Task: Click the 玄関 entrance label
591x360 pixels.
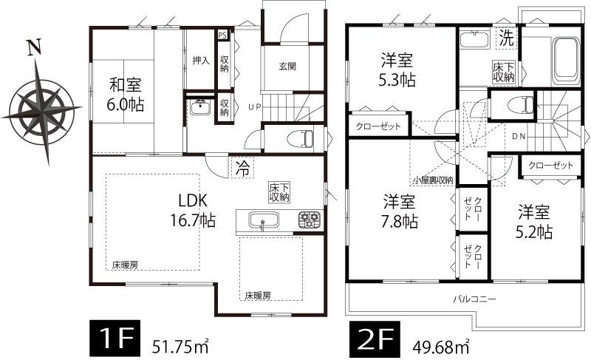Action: (287, 66)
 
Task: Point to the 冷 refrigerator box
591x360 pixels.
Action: (241, 168)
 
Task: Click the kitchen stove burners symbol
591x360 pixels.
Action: (309, 220)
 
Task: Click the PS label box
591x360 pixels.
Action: (222, 34)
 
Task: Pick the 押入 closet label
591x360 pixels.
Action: (200, 61)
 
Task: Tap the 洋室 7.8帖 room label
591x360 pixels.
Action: (400, 211)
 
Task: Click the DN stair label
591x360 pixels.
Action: (519, 136)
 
